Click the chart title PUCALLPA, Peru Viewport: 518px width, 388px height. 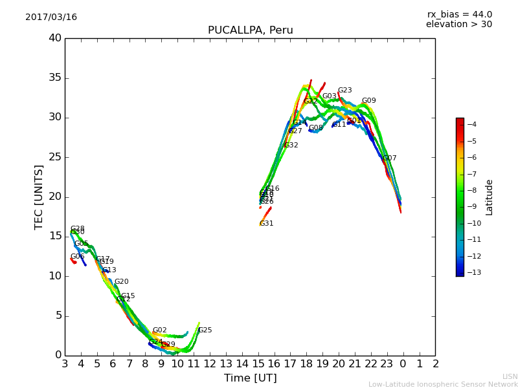coord(250,30)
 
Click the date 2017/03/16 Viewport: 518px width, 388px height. coord(51,17)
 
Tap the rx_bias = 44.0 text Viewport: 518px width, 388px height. coord(459,14)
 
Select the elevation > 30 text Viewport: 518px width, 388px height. coord(459,25)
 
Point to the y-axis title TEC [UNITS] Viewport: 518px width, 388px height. coord(39,197)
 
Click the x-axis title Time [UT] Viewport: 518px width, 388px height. coord(250,378)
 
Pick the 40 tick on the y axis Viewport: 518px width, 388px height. coord(54,38)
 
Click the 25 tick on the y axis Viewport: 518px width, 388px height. coord(54,157)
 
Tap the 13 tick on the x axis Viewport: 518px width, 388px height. coord(226,364)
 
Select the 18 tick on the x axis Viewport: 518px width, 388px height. coord(306,364)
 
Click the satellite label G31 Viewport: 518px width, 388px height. coord(266,224)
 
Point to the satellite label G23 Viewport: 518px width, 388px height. coord(344,91)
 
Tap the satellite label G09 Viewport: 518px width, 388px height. coord(368,101)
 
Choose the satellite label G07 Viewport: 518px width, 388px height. coord(389,158)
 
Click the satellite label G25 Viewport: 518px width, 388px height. coord(205,330)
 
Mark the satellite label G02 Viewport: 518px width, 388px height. coord(159,330)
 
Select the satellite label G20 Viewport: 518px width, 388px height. coord(121,282)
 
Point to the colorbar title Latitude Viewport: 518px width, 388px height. coord(490,197)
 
